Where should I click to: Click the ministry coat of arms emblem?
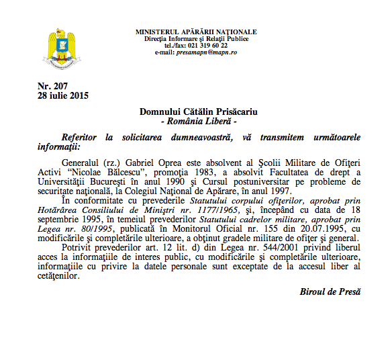(x=64, y=48)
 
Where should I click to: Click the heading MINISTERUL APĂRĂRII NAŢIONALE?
(x=195, y=32)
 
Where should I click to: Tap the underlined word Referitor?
(x=83, y=137)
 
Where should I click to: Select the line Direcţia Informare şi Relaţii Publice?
(x=195, y=39)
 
